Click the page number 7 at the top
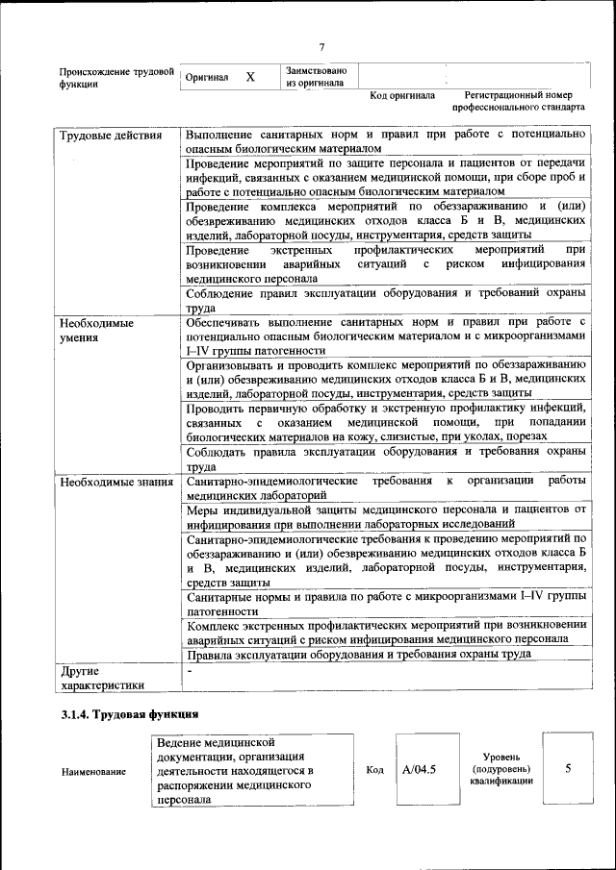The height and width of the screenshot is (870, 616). [321, 47]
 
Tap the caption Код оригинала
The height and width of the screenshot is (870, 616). [402, 96]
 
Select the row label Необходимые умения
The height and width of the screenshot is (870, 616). [96, 331]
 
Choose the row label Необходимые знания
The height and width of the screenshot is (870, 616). [115, 482]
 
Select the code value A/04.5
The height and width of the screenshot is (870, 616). [420, 769]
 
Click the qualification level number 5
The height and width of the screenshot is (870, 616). [568, 769]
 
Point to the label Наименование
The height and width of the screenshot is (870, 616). [94, 771]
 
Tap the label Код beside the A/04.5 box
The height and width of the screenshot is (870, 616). [375, 770]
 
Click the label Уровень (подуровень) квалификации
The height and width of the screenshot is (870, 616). [501, 770]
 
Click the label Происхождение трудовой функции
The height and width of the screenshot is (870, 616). [115, 78]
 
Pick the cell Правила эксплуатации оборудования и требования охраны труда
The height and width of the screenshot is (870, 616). [359, 655]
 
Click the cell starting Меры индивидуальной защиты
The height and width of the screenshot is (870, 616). [386, 515]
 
